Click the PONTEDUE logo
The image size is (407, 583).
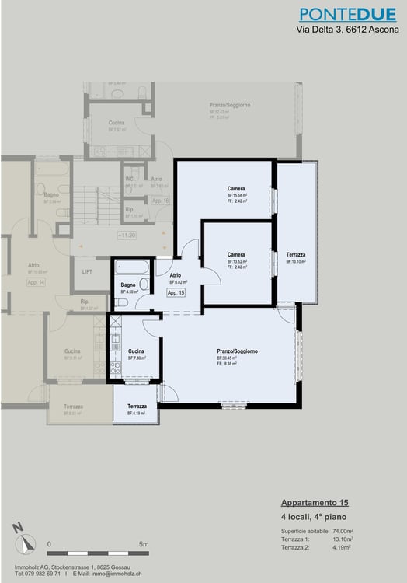coord(346,14)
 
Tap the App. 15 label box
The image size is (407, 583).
coord(176,293)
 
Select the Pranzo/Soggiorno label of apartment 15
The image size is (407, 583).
coord(238,352)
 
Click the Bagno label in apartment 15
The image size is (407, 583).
coord(128,285)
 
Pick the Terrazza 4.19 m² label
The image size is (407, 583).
coord(137,407)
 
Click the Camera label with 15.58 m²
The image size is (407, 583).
coord(237,190)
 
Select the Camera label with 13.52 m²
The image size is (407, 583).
coord(237,255)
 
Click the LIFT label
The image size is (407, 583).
coord(87,271)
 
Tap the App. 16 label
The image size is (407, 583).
coord(161,201)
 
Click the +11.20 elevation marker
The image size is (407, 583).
coord(127,235)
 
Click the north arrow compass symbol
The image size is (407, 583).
coord(19,534)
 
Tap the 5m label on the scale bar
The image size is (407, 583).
coord(144,544)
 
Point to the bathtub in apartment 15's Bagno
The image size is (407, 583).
coord(131,268)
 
